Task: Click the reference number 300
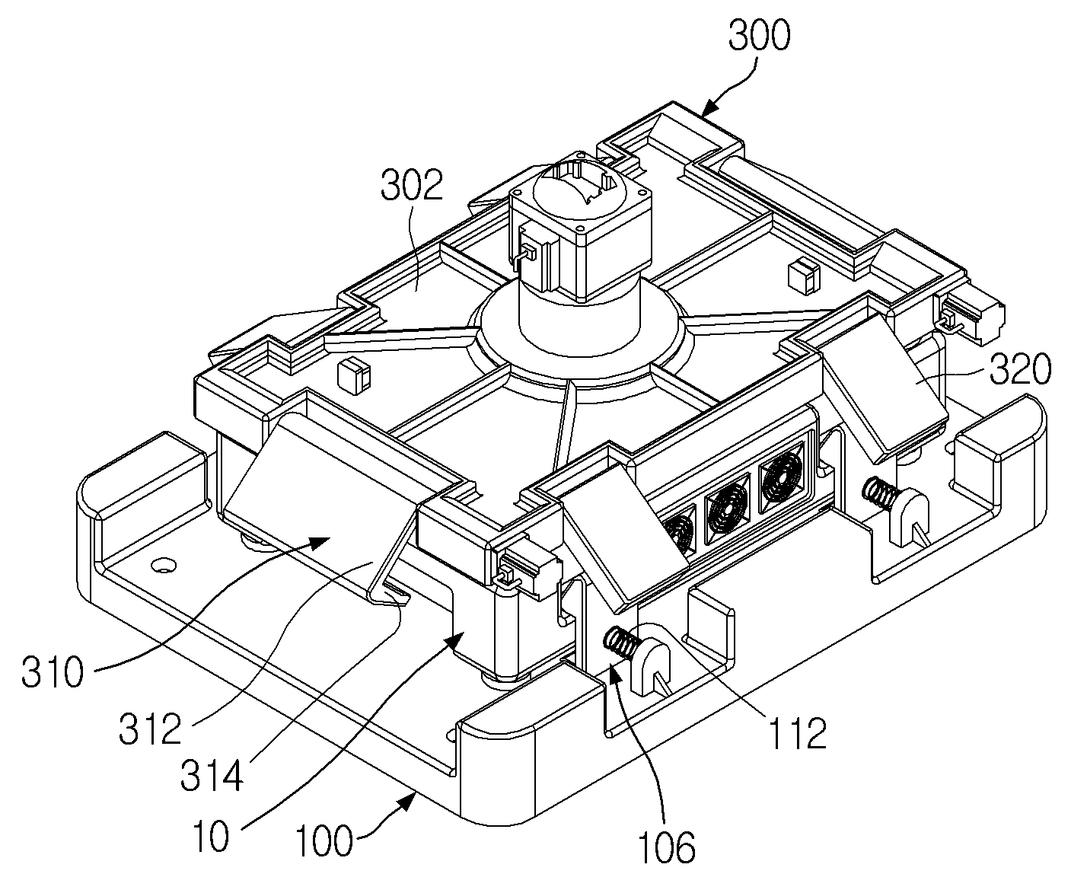(x=759, y=35)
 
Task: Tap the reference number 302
(x=411, y=185)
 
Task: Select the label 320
(x=1020, y=369)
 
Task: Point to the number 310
(x=52, y=671)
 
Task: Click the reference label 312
(x=150, y=729)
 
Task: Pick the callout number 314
(x=212, y=776)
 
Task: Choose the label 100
(x=324, y=840)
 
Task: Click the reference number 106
(x=666, y=847)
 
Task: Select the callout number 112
(x=797, y=732)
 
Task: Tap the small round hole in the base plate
(x=164, y=566)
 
